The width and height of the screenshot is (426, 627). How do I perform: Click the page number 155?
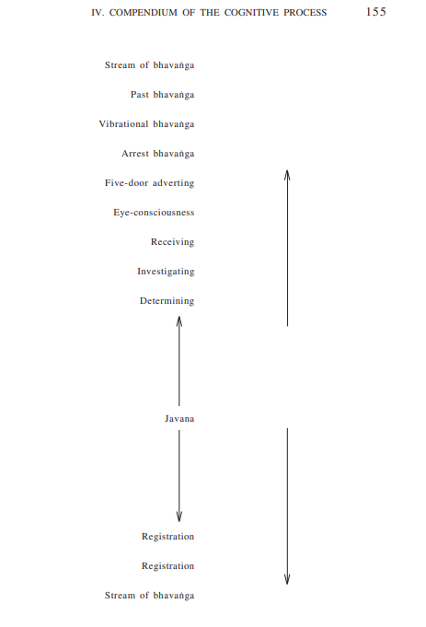[375, 12]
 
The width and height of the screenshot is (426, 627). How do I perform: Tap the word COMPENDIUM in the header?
[143, 13]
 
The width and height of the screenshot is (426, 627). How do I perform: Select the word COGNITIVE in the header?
[251, 13]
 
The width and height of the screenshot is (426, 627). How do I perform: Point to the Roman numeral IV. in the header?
[98, 13]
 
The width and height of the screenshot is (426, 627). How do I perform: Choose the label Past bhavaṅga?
[162, 95]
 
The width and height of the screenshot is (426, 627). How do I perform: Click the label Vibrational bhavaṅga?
[146, 124]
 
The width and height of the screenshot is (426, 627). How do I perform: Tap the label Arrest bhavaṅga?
[158, 154]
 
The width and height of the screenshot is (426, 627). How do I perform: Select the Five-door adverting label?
[149, 183]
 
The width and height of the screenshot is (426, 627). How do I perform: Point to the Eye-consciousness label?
[154, 213]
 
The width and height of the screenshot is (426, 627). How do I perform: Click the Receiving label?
[172, 242]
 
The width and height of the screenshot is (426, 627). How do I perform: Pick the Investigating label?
[166, 272]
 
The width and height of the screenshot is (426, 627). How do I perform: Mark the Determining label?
[167, 301]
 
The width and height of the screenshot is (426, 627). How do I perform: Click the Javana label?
[179, 419]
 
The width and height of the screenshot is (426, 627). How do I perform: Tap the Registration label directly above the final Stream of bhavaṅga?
[167, 566]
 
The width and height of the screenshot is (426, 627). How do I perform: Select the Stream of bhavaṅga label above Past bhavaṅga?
[149, 65]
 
